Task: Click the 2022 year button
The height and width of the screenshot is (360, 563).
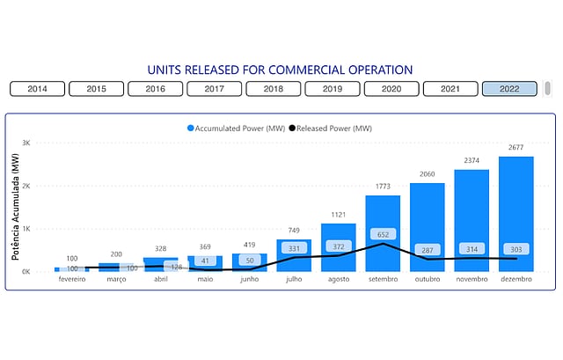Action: pos(508,89)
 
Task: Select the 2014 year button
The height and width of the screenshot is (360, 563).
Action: pos(37,89)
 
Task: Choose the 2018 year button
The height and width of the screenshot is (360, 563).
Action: pos(273,89)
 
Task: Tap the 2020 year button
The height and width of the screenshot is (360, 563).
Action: pos(391,89)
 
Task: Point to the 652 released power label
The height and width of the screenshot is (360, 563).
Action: pos(383,235)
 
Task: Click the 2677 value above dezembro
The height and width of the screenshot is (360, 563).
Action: pos(516,147)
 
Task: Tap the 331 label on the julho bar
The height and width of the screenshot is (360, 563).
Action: pos(295,250)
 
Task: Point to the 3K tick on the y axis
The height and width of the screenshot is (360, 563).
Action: pos(26,143)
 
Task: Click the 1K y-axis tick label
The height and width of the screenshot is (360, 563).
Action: pos(26,229)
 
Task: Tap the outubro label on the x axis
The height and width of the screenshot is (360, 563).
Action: pos(428,280)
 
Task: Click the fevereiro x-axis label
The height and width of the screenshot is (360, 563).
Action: pos(72,280)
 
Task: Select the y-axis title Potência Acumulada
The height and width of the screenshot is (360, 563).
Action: pos(15,208)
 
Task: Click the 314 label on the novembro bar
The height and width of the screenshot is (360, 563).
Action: pos(472,250)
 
